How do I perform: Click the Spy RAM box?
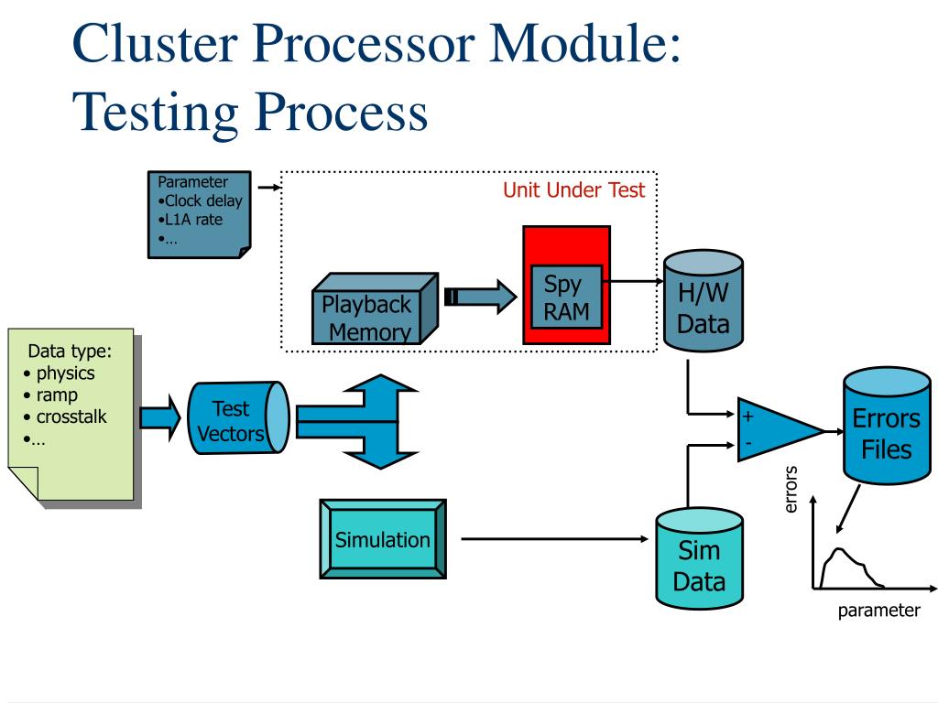point(566,297)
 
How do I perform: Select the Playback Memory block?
point(375,308)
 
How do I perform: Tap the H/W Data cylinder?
point(703,300)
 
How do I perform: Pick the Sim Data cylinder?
point(699,558)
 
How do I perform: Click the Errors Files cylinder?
point(887,426)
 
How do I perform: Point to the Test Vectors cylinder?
point(238,417)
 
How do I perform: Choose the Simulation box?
point(383,539)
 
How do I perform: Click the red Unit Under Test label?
point(573,190)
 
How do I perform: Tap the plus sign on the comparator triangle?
point(747,416)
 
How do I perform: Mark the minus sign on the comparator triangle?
point(747,444)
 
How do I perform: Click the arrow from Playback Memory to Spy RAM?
point(480,297)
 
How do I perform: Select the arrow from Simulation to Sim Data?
point(554,539)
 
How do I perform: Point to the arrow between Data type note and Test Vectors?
point(159,417)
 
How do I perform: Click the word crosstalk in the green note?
point(71,416)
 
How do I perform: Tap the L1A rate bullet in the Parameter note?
point(191,220)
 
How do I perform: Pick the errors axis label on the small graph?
point(791,489)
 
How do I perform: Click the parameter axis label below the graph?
point(878,611)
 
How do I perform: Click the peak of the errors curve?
point(840,549)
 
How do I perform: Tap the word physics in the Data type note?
point(65,373)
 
